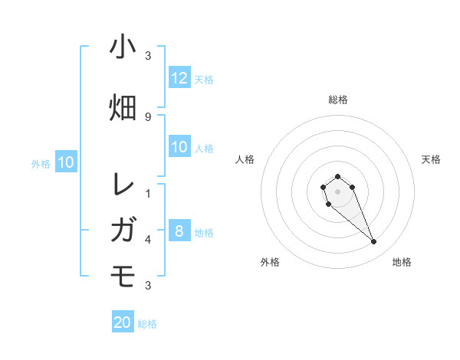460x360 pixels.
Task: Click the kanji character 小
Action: click(x=123, y=47)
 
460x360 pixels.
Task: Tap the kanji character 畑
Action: click(x=123, y=107)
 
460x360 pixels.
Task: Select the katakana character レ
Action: click(x=123, y=185)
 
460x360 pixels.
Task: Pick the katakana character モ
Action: click(x=123, y=273)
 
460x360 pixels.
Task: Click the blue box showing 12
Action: click(x=179, y=78)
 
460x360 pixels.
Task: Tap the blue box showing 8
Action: click(x=179, y=231)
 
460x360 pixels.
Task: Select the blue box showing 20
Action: click(x=123, y=322)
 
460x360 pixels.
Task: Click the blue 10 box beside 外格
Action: click(x=65, y=162)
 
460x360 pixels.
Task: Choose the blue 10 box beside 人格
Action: click(x=179, y=147)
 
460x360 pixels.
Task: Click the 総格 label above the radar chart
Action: click(x=338, y=100)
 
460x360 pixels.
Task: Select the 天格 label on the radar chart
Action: click(x=431, y=159)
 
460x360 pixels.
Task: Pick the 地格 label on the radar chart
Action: click(x=402, y=262)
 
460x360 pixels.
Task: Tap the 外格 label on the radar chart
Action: click(x=270, y=262)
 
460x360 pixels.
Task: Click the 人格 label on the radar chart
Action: click(x=245, y=159)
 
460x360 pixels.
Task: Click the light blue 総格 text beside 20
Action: click(x=147, y=324)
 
